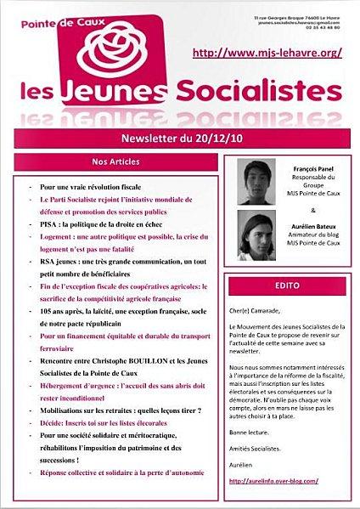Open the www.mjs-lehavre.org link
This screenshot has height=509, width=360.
pyautogui.click(x=267, y=53)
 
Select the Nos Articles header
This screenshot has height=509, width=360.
pyautogui.click(x=115, y=161)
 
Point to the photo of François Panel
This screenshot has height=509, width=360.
pyautogui.click(x=257, y=182)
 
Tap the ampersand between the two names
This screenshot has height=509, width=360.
pyautogui.click(x=314, y=209)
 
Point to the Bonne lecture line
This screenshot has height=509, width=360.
pyautogui.click(x=251, y=432)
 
